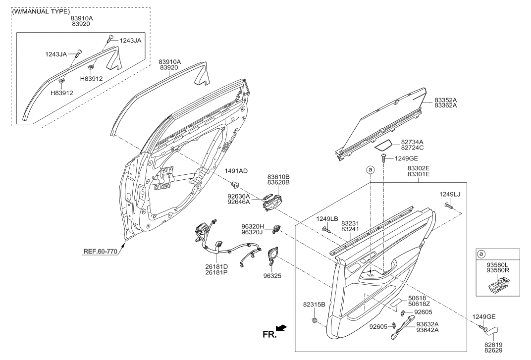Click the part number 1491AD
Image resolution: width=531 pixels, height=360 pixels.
tap(236, 171)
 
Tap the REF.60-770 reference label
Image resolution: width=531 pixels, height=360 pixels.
tap(100, 252)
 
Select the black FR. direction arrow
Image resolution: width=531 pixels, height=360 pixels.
tap(281, 328)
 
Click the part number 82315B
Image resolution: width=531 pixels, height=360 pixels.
tap(314, 305)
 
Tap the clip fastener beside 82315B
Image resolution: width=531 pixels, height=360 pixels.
tap(315, 320)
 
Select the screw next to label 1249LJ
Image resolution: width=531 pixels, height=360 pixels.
tap(449, 205)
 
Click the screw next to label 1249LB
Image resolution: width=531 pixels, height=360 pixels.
tap(327, 229)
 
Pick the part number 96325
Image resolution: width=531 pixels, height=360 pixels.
tap(272, 276)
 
